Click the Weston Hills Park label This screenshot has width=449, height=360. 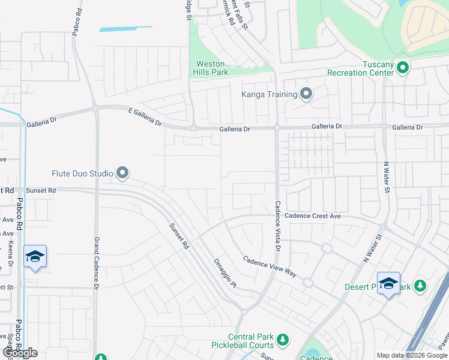click(211, 68)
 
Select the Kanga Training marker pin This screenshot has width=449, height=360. click(306, 94)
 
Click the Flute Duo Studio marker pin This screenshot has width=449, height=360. click(122, 173)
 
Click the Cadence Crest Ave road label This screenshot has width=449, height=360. click(313, 215)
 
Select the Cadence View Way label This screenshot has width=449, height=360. click(270, 266)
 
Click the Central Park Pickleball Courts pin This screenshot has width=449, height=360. click(283, 341)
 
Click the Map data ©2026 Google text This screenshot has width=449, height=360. click(412, 355)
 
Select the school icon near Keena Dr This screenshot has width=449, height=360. click(35, 257)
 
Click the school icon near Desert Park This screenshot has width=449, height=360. click(388, 283)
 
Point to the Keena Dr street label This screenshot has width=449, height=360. click(11, 254)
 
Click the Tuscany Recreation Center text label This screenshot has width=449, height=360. click(360, 68)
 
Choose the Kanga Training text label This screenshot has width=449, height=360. click(270, 94)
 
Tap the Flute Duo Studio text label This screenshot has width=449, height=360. click(82, 174)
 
